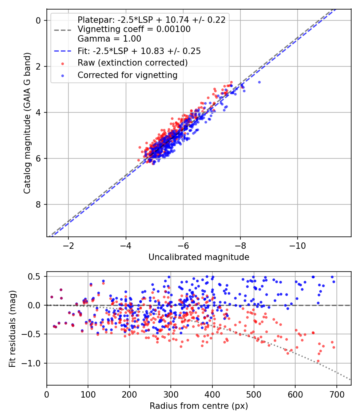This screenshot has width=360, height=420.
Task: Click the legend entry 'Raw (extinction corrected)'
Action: tap(132, 63)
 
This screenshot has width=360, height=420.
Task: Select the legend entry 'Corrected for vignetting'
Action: tap(128, 75)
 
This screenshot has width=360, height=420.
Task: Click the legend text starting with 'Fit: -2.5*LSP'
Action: tap(139, 51)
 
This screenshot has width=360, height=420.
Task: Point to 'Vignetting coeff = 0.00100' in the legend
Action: tap(134, 29)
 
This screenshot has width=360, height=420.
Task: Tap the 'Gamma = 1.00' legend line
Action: tap(109, 39)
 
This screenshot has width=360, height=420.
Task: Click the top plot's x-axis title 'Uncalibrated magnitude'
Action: tap(199, 257)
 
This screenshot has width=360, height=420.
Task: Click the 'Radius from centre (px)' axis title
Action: tap(199, 406)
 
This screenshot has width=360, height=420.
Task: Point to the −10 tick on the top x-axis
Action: tap(297, 245)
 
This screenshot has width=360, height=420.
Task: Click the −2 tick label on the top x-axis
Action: tap(68, 245)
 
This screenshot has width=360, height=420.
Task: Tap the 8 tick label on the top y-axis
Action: tap(39, 204)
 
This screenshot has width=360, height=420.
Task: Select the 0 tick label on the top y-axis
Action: tap(39, 20)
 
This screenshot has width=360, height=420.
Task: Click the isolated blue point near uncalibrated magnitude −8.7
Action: tap(259, 82)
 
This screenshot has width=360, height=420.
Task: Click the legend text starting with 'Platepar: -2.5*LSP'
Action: tap(151, 20)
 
